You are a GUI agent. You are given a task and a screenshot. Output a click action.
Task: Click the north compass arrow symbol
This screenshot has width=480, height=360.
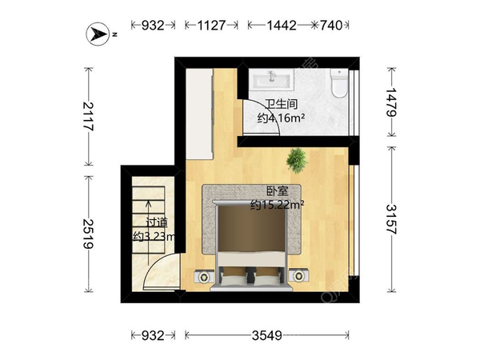pos(98,34)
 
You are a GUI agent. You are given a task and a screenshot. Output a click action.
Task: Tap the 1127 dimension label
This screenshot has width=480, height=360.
pos(211,25)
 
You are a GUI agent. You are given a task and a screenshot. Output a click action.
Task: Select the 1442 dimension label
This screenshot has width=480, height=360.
pos(282,25)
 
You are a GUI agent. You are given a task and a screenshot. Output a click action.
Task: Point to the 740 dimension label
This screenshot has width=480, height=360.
pos(331,25)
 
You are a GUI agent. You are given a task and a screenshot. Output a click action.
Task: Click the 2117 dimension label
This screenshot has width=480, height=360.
pos(89,116)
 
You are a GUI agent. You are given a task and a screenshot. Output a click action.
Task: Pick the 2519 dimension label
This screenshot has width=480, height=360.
pos(89,234)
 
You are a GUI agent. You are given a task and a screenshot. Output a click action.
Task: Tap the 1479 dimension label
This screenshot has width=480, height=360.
pos(391,102)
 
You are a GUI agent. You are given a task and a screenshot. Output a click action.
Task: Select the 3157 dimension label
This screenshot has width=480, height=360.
pos(391,219)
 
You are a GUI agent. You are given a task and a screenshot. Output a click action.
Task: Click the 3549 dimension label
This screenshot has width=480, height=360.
pos(267,336)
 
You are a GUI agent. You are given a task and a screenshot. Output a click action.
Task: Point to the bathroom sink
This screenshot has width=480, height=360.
pos(271,79)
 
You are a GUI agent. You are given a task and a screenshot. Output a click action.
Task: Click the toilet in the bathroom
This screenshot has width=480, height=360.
pos(339,83)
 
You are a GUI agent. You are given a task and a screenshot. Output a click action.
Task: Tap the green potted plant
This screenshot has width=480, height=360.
pos(297,161)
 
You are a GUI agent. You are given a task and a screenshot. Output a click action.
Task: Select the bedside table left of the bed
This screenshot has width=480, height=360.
pos(203,277)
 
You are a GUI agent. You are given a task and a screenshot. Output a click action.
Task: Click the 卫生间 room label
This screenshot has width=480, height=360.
pos(281,104)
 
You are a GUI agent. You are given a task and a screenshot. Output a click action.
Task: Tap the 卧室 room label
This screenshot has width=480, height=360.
pos(278,191)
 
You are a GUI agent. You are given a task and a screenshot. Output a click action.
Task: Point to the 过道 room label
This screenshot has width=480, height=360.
pos(157,222)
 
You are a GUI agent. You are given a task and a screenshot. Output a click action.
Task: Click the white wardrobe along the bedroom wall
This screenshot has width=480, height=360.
pos(199,114)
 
